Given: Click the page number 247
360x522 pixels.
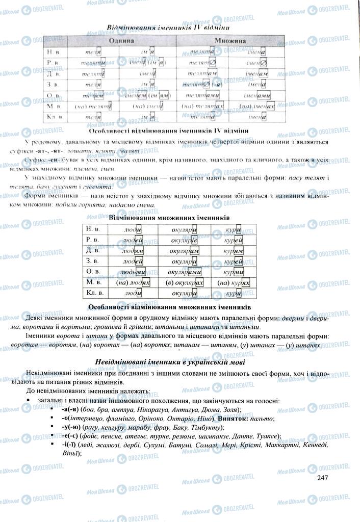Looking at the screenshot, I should tap(322, 477).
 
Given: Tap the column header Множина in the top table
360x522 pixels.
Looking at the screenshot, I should tap(230, 40).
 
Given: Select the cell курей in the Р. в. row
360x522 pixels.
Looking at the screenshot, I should tap(237, 240).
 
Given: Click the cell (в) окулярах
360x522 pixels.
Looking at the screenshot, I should tap(184, 283).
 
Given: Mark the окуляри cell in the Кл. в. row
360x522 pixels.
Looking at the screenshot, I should tap(184, 294).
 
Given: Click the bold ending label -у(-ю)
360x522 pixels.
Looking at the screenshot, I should tap(72, 427).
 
